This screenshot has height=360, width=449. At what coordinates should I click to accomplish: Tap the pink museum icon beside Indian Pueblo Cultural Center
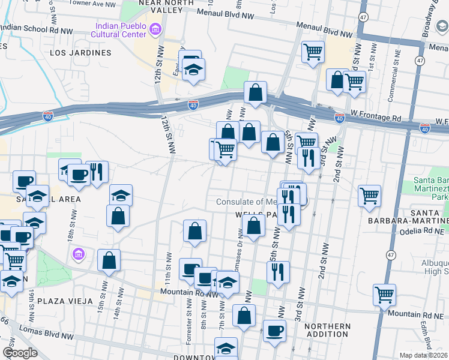155,29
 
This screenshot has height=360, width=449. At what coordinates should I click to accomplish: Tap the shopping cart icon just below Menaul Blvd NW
313,52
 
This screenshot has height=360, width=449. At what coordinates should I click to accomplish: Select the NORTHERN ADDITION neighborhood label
327,331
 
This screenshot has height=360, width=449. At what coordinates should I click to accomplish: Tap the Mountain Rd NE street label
412,314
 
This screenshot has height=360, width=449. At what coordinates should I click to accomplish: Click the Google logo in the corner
19,353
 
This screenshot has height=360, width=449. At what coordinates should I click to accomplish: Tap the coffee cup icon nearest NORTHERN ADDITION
274,330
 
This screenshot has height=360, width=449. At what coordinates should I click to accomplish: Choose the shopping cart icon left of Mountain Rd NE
384,294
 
